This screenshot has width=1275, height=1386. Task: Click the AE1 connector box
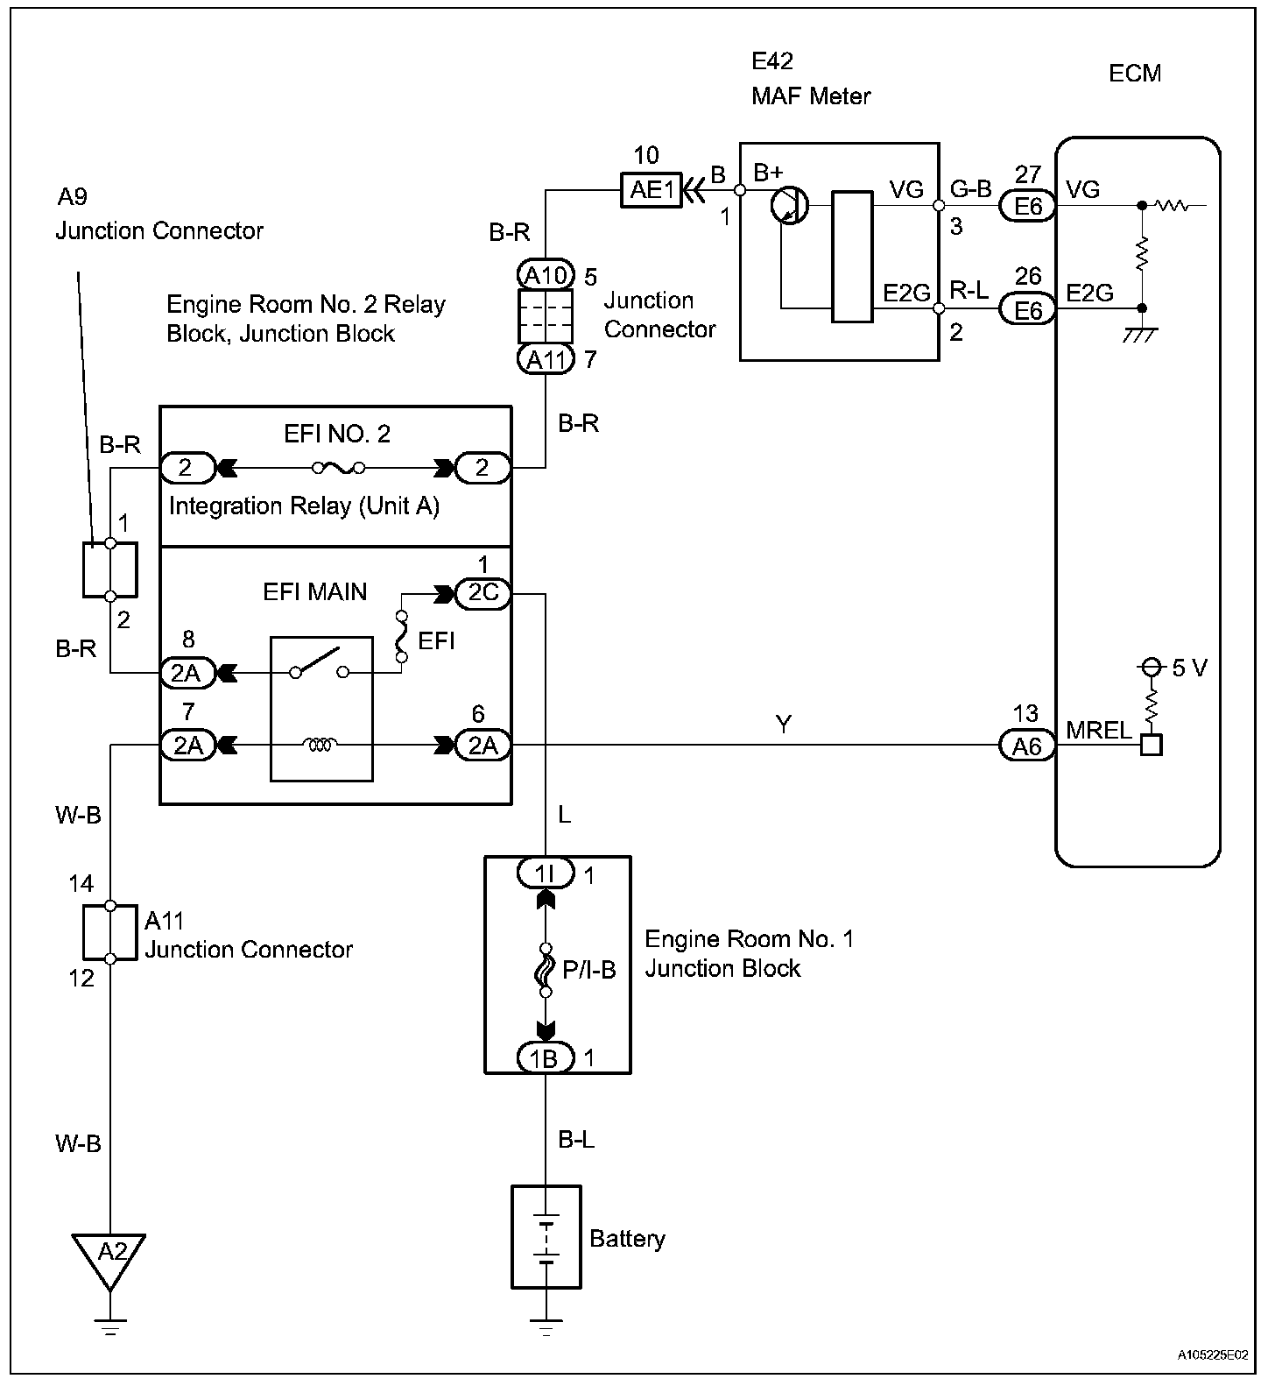pos(652,189)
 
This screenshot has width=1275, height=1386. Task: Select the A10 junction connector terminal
pos(546,275)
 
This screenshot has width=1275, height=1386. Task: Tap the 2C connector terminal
pos(483,593)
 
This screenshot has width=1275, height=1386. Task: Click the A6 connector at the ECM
pos(1027,746)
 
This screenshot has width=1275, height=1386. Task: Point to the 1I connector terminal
pos(545,873)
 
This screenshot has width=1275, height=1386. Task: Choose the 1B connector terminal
pos(545,1058)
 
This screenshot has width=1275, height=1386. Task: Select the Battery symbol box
pos(546,1237)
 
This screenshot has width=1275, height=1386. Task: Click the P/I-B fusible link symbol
pos(546,970)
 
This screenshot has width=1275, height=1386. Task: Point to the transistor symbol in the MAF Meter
pos(790,208)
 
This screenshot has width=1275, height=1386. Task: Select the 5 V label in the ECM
pos(1189,668)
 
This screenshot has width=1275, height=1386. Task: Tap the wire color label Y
pos(783,724)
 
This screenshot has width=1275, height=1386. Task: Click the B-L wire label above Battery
pos(576,1139)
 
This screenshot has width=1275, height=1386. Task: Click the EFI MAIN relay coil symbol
pos(321,746)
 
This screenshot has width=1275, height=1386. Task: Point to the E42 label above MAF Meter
pos(772,60)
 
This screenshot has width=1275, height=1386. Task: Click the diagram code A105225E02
pos(1211,1354)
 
